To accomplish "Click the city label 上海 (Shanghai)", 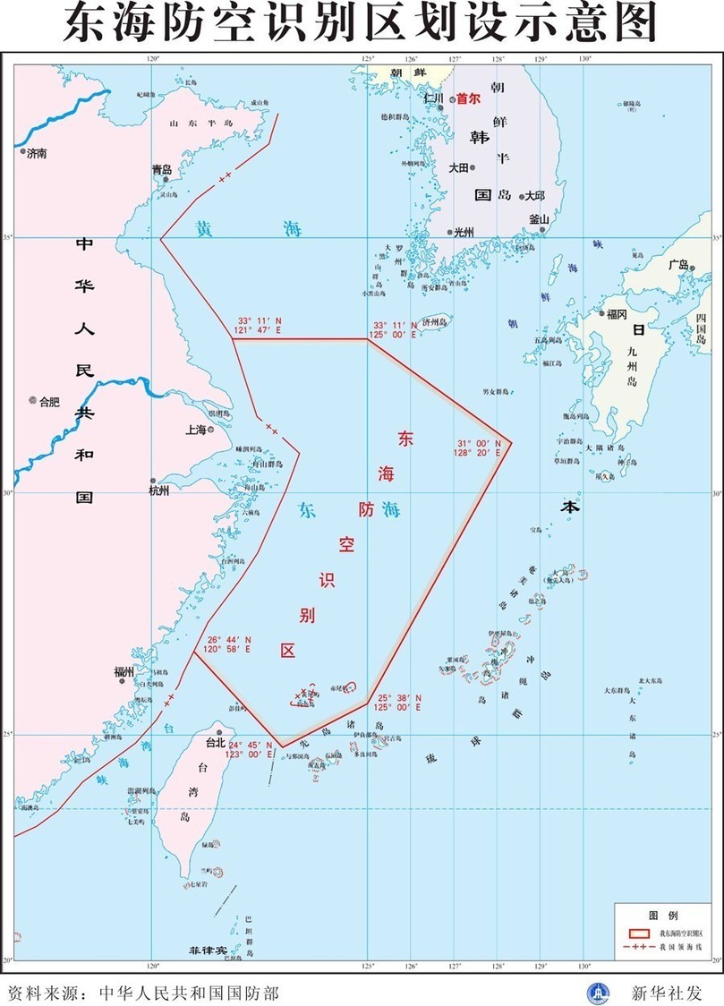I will pos(195,430).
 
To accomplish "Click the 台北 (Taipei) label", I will pos(216,742).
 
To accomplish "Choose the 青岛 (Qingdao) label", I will pos(161,168).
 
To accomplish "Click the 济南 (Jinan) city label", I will pos(37,154).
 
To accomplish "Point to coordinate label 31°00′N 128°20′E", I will pos(475,448).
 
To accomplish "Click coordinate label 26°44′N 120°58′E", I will pos(229,645).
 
